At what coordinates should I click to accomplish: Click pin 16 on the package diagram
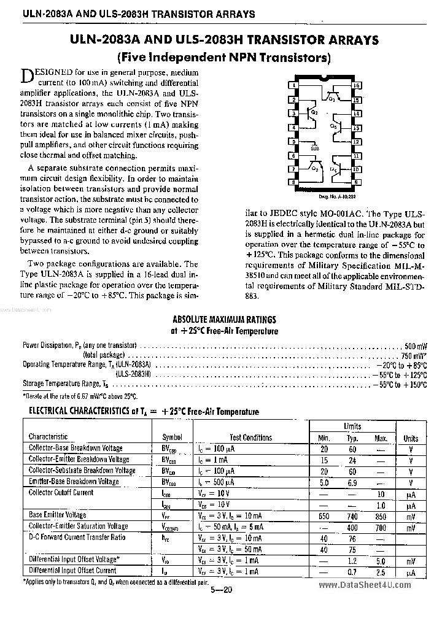click(x=356, y=85)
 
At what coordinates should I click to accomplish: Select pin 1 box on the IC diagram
click(x=295, y=85)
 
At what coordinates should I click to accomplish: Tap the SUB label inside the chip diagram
click(x=315, y=148)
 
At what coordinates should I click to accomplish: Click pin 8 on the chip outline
click(x=295, y=182)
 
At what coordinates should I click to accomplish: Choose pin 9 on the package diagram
click(x=356, y=182)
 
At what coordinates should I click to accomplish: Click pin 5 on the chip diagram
click(x=295, y=141)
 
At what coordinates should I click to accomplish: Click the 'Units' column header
click(x=411, y=438)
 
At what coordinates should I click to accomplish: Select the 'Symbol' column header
click(x=172, y=438)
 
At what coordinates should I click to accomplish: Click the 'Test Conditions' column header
click(x=250, y=438)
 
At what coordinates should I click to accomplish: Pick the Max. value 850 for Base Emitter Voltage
click(x=381, y=516)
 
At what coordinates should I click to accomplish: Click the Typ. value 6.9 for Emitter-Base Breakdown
click(x=352, y=483)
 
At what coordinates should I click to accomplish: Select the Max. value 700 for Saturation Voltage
click(x=381, y=527)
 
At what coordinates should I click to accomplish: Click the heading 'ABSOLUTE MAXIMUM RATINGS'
click(x=224, y=319)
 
